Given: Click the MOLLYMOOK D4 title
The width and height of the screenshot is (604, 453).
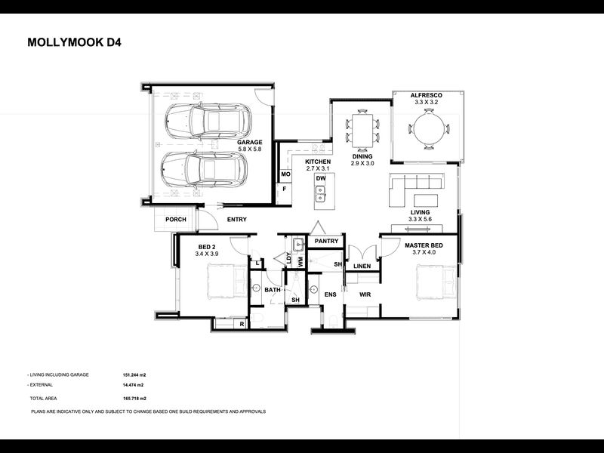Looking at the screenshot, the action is [x=74, y=42].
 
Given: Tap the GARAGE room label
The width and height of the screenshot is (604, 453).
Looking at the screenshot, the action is [x=250, y=142].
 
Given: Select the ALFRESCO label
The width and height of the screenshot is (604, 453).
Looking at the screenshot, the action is [x=426, y=95].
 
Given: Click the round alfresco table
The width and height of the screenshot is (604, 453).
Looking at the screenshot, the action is [x=428, y=128].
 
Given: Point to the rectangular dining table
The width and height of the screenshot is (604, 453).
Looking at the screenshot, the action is [x=362, y=130].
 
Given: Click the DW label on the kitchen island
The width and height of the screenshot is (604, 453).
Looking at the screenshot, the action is [x=320, y=178].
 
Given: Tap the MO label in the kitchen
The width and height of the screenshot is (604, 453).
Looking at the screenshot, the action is [x=285, y=174].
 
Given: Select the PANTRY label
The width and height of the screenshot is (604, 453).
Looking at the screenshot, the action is [x=326, y=241].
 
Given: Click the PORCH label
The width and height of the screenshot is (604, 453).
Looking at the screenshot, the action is [x=176, y=220].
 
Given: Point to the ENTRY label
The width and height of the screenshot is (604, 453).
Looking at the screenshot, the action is [x=237, y=220].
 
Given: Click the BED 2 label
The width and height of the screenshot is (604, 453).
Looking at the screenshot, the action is [x=205, y=247].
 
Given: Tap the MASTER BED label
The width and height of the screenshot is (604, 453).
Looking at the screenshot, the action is [x=424, y=245].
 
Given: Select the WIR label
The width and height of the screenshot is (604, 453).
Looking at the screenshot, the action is [x=365, y=294].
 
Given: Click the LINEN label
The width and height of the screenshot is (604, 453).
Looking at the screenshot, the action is [x=362, y=267].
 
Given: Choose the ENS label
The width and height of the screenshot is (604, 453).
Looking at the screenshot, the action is [x=330, y=294].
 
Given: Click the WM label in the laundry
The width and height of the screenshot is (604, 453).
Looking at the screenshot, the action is [x=300, y=262].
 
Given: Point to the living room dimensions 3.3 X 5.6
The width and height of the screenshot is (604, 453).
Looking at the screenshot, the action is [x=420, y=219].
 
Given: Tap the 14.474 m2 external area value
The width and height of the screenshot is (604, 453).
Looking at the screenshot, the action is [x=133, y=385].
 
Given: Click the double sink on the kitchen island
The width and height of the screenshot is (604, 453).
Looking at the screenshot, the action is [x=320, y=194].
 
